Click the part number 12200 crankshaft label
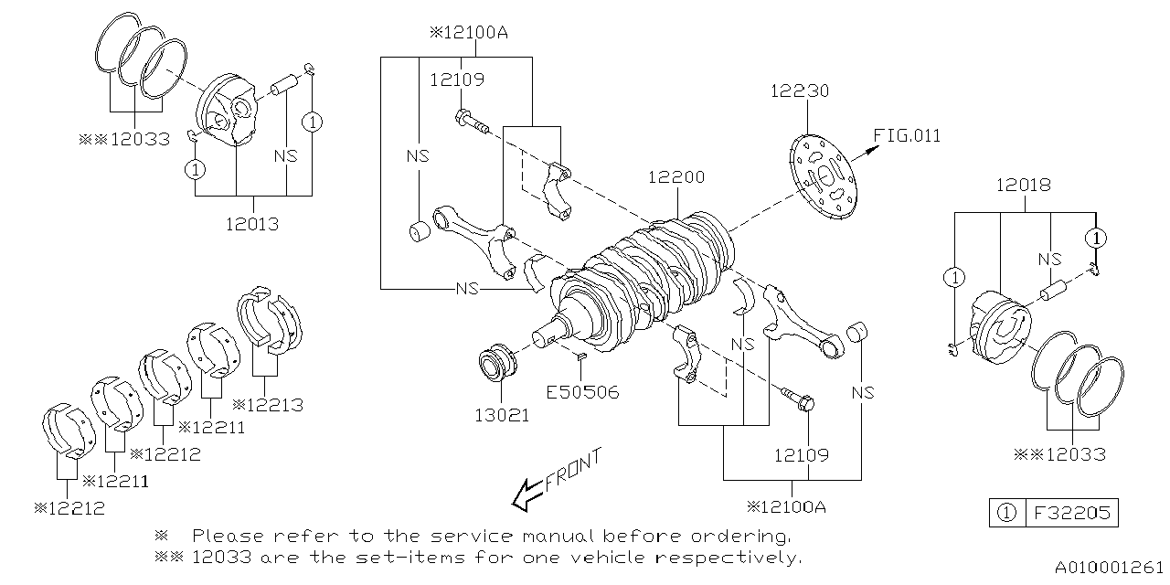(x=676, y=176)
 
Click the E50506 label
(x=583, y=392)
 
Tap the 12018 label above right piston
(x=1023, y=185)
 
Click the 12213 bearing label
(x=269, y=404)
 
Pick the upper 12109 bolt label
(x=457, y=80)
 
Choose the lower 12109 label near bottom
(x=802, y=454)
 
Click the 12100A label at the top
(x=468, y=33)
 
